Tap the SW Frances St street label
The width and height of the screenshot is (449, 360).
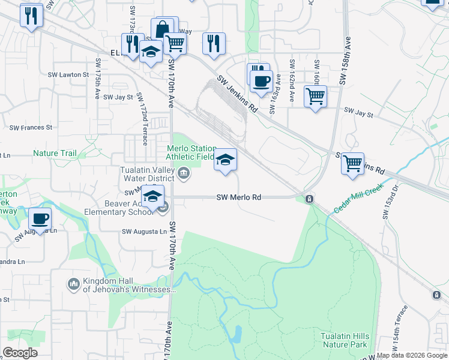31,128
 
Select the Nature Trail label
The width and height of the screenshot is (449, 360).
55,153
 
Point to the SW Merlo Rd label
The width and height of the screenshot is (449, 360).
239,197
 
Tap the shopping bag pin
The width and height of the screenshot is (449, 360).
162,28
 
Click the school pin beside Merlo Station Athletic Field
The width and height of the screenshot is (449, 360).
225,160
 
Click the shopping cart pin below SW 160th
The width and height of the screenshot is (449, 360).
315,95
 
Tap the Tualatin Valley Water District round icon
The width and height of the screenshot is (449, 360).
184,175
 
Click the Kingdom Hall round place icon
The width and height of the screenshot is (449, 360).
73,283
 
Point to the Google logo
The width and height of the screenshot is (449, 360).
20,353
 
